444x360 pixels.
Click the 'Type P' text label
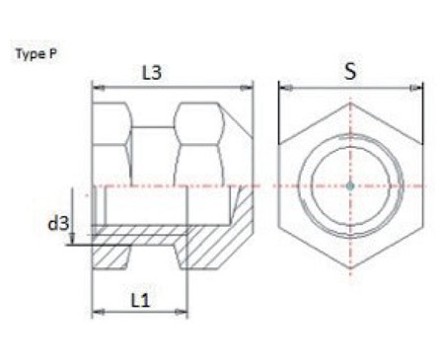pyautogui.click(x=35, y=56)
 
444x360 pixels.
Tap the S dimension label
pyautogui.click(x=350, y=72)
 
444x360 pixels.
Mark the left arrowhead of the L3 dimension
pyautogui.click(x=96, y=88)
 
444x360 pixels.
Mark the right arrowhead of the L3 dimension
pyautogui.click(x=250, y=88)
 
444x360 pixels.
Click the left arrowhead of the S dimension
pyautogui.click(x=283, y=88)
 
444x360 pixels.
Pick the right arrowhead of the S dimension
pyautogui.click(x=420, y=88)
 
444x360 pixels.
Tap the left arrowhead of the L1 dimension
pyautogui.click(x=96, y=312)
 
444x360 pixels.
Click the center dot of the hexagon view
pyautogui.click(x=351, y=184)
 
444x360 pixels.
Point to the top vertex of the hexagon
pyautogui.click(x=351, y=101)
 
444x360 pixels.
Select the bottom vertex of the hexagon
pyautogui.click(x=351, y=268)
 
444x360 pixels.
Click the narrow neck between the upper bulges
pyautogui.click(x=153, y=148)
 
